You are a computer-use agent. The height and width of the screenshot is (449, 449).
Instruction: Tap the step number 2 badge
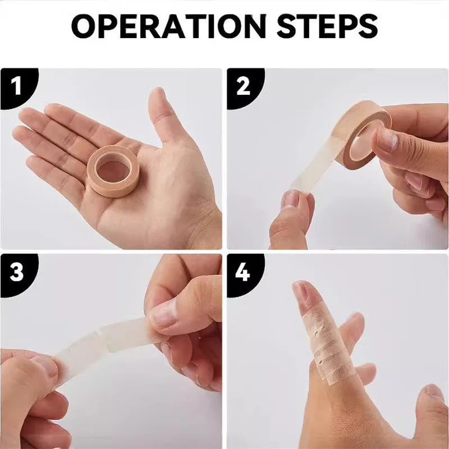(x=243, y=87)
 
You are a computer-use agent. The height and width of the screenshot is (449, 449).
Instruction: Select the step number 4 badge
(x=243, y=272)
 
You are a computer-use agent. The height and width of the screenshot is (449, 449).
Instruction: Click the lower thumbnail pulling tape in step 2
(x=291, y=200)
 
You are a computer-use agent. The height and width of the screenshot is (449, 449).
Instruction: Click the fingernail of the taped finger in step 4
(x=301, y=292)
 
